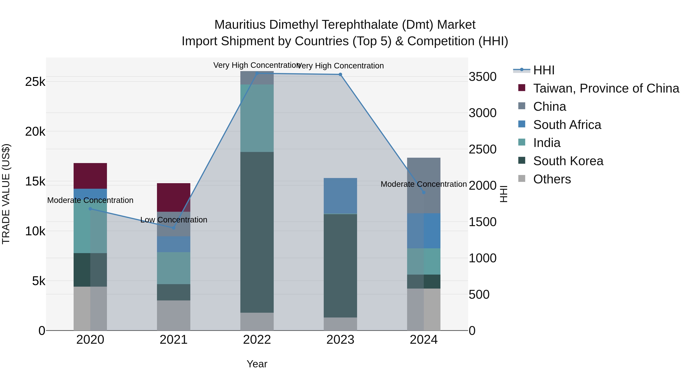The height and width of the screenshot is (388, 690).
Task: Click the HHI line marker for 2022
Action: (257, 73)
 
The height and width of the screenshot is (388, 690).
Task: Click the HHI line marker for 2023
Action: (340, 75)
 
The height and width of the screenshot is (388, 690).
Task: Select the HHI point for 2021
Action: (174, 228)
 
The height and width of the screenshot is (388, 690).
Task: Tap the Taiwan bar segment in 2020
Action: (90, 176)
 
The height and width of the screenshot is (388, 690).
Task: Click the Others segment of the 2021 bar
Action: (174, 315)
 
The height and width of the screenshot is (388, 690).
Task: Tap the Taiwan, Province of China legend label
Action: (606, 88)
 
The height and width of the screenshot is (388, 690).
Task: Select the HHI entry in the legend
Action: (544, 70)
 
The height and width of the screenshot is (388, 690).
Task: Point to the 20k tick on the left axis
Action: (35, 131)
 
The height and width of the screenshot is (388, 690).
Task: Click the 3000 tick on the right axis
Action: (482, 113)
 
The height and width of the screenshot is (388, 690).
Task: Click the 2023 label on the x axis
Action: (340, 340)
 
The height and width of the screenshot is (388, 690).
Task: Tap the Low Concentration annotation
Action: (174, 220)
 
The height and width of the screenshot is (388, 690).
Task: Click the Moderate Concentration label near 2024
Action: (423, 184)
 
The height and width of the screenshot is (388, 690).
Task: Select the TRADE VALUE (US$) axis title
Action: (6, 194)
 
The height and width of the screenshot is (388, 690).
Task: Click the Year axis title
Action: (257, 364)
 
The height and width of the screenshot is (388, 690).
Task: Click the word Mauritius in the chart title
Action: (240, 25)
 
